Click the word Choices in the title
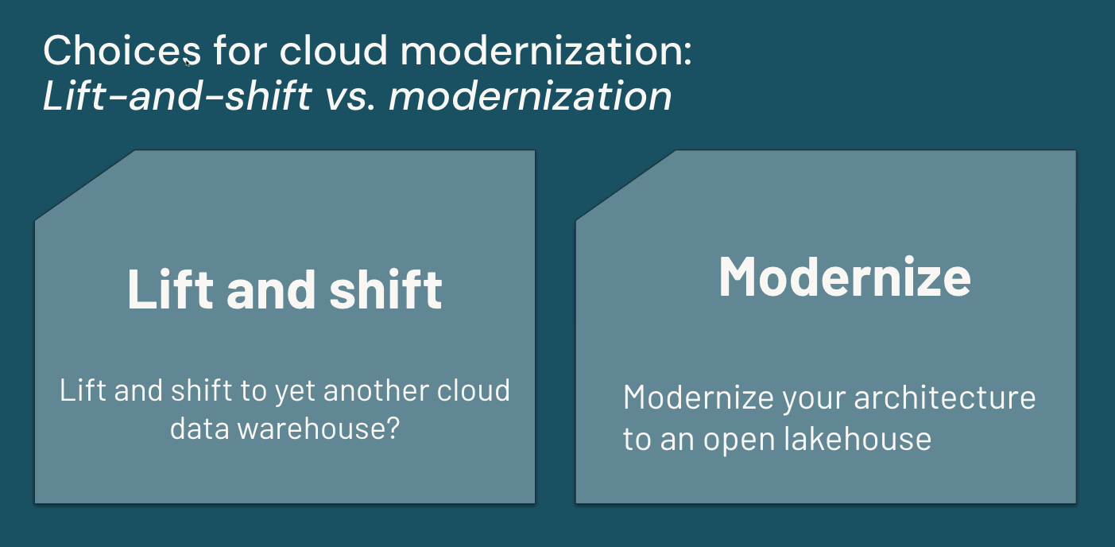point(122,50)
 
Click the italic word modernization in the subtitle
point(530,95)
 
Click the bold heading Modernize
point(845,277)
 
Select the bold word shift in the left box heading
point(385,289)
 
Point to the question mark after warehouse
point(393,428)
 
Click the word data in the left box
point(199,429)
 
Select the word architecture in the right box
point(945,398)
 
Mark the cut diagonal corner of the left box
point(84,184)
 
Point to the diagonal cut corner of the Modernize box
point(625,184)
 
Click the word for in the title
point(240,50)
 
